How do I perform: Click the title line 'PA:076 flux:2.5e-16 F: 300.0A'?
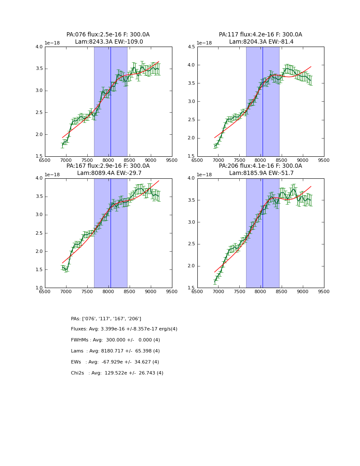click(108, 35)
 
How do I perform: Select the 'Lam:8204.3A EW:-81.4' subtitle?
click(260, 42)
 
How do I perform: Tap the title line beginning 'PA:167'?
click(108, 166)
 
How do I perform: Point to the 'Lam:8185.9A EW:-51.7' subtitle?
click(260, 173)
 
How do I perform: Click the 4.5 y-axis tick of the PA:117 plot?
click(191, 47)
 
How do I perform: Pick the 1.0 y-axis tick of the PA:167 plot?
click(39, 288)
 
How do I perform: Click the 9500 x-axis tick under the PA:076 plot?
click(172, 160)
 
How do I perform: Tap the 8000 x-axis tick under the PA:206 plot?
click(260, 291)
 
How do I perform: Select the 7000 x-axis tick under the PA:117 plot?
click(218, 160)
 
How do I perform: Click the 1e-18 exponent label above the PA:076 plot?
click(52, 43)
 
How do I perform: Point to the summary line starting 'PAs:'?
click(106, 319)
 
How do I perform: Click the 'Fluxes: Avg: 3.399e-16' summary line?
click(124, 329)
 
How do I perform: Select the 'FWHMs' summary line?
click(115, 340)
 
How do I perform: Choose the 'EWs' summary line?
click(115, 362)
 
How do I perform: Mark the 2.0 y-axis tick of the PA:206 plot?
click(191, 266)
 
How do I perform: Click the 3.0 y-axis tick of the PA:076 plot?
click(39, 91)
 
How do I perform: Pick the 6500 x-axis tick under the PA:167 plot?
click(45, 291)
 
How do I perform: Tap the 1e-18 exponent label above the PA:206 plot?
click(205, 175)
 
